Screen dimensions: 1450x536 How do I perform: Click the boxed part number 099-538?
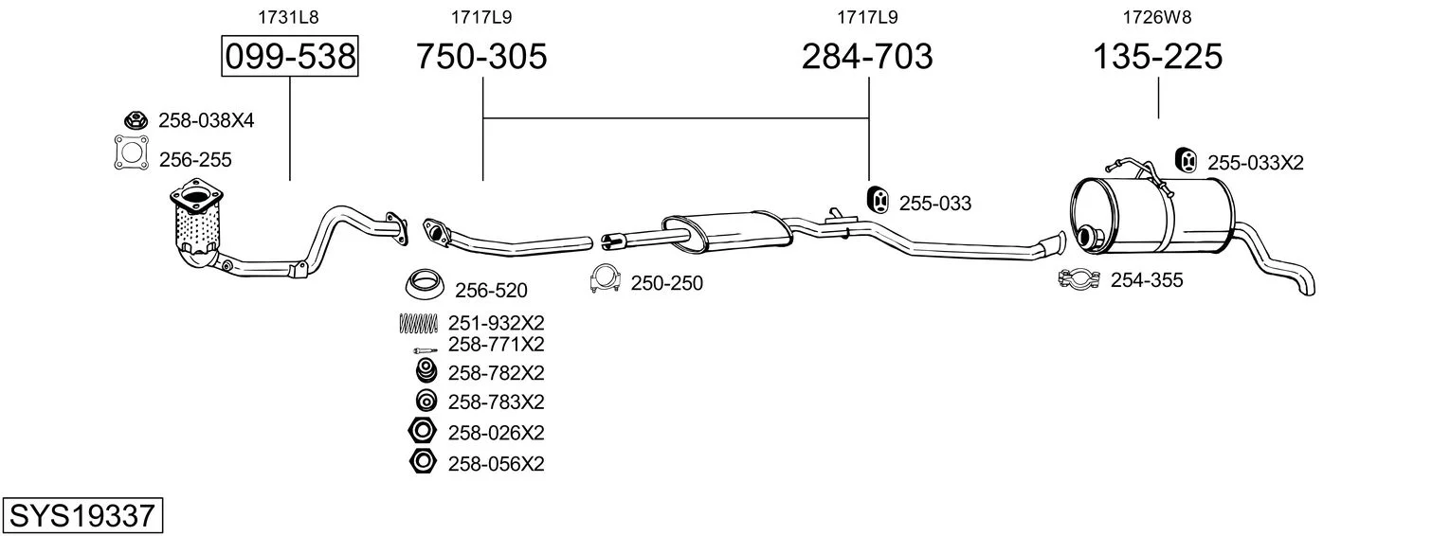(290, 56)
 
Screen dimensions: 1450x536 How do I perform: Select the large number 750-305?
(481, 56)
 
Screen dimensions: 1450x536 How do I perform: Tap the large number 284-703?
(867, 56)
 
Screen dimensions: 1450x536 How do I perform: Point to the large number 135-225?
(1157, 56)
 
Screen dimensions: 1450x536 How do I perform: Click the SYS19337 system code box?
(82, 515)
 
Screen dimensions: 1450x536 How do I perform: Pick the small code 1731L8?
(289, 17)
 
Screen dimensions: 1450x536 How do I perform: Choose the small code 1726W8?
(1157, 17)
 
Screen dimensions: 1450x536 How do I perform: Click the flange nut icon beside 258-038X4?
(136, 119)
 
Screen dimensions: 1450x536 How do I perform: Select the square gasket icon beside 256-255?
(132, 152)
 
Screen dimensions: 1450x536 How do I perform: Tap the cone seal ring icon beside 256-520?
(424, 284)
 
